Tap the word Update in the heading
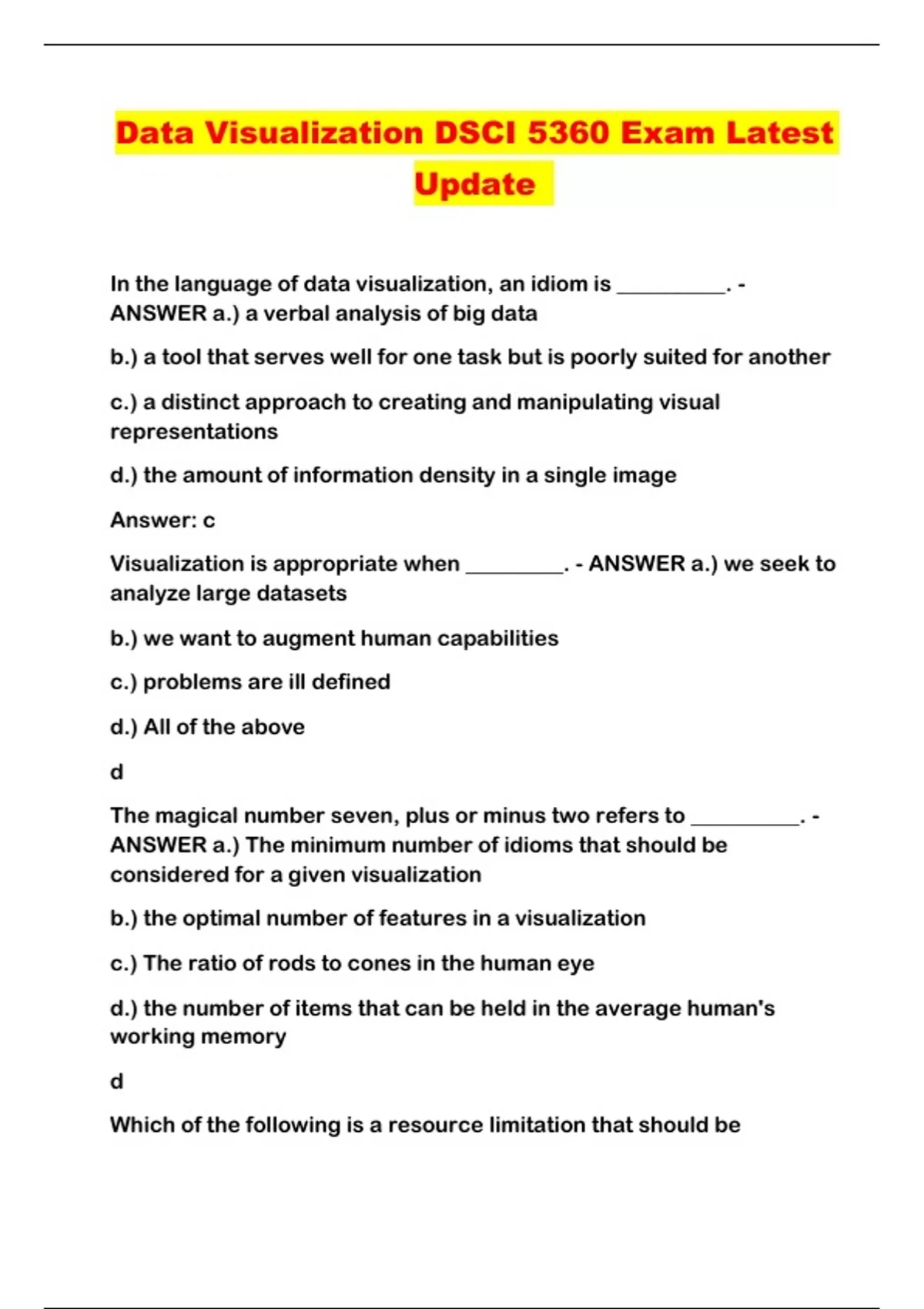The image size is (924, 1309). [474, 184]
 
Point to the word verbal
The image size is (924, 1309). [297, 314]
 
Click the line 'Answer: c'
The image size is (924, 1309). [162, 521]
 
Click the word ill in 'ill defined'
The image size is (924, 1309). [296, 682]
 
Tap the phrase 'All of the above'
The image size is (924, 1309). [224, 727]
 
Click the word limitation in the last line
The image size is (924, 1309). [526, 1125]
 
